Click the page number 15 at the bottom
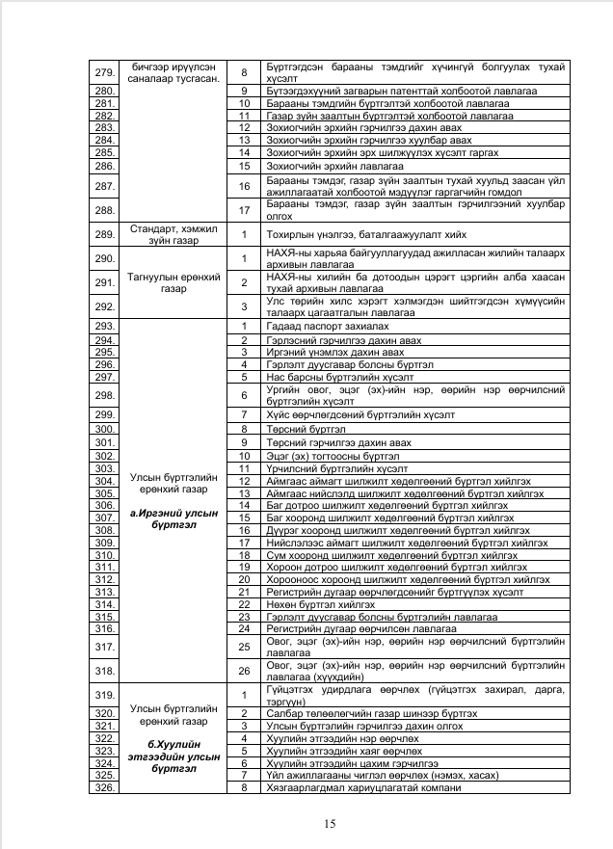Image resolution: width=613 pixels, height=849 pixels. pyautogui.click(x=330, y=823)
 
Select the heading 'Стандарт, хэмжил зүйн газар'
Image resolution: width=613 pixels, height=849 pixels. pyautogui.click(x=170, y=233)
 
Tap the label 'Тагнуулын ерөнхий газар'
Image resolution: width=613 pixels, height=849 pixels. pyautogui.click(x=170, y=281)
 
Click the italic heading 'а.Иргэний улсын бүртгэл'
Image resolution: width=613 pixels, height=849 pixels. pyautogui.click(x=170, y=519)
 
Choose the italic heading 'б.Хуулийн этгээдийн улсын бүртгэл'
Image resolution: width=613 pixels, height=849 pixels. pyautogui.click(x=170, y=755)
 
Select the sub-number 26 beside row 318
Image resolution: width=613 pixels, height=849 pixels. pyautogui.click(x=245, y=671)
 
